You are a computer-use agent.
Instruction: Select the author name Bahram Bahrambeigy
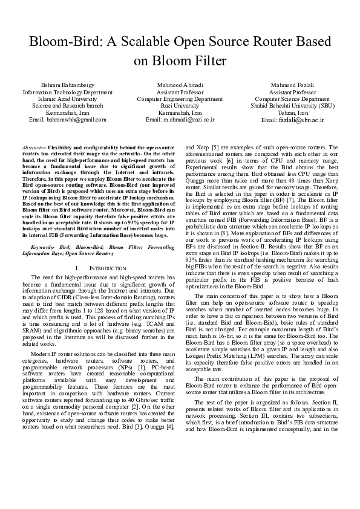67,85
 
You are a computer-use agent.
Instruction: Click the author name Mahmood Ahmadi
180,85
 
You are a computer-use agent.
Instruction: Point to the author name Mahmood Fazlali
292,85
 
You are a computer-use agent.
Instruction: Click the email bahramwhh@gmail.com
67,119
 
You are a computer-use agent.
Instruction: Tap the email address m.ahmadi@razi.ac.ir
180,119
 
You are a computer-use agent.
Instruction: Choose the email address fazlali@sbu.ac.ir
292,120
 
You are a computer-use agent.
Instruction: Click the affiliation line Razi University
180,105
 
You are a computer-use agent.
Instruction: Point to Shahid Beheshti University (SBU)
292,105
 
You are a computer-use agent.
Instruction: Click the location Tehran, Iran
292,112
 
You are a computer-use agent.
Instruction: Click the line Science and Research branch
67,105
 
